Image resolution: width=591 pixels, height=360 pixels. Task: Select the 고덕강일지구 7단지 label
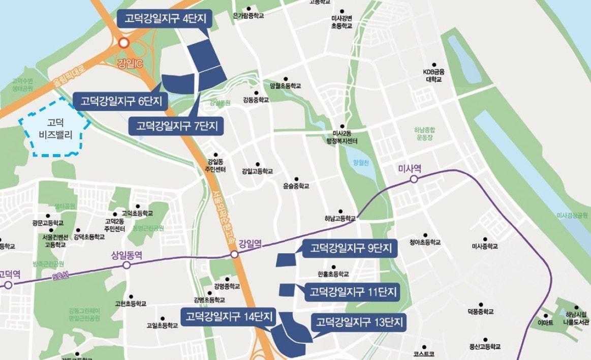coord(176,126)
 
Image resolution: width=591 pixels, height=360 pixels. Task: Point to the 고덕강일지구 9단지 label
coord(351,249)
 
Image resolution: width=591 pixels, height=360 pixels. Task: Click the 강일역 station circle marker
coord(234,254)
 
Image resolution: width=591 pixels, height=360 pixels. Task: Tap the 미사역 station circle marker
coord(414,179)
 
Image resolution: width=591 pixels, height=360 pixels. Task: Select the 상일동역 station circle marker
coord(127,265)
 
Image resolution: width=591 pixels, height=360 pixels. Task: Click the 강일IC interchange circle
coord(123,43)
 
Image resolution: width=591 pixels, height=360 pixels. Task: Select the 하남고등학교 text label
coord(340,219)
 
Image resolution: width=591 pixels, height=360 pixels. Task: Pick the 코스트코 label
coord(424,353)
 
